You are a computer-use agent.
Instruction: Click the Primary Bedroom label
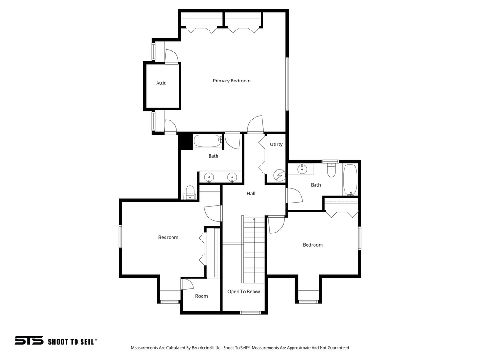point(232,81)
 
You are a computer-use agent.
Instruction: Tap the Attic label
point(161,83)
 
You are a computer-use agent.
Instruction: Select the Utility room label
point(277,144)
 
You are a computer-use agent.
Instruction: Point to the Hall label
point(251,193)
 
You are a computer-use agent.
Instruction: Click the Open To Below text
point(244,292)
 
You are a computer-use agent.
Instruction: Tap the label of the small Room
point(202,296)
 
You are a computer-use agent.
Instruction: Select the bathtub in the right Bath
point(350,180)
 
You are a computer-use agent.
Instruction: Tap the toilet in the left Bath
point(190,192)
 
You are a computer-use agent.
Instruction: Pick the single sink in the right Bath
point(303,169)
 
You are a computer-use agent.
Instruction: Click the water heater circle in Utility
point(279,176)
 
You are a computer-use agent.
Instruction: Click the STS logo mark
point(29,341)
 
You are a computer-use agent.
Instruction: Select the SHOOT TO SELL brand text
point(73,342)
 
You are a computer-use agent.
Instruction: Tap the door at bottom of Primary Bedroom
point(256,125)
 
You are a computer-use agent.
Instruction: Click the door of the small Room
point(187,284)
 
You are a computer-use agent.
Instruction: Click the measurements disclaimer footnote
point(240,348)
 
